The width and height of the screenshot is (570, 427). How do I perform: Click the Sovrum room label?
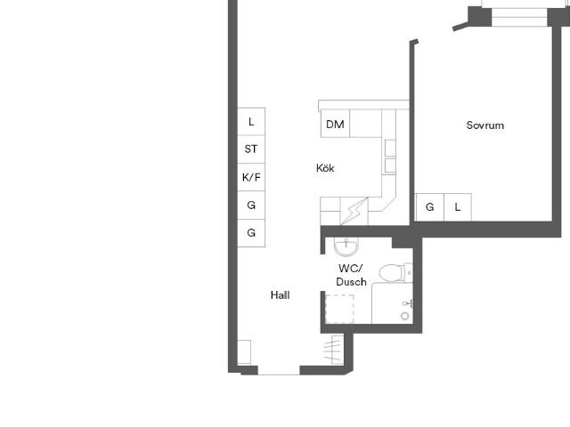pos(484,125)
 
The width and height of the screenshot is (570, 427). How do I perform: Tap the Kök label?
pos(325,168)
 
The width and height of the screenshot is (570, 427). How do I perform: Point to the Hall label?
pos(280,294)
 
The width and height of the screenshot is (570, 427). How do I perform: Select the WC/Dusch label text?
pos(351,275)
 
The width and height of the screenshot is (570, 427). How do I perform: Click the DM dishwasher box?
pos(335,124)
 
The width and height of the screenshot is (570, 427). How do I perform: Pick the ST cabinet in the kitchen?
pos(251,149)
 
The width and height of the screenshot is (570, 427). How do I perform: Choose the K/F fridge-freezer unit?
pos(251,177)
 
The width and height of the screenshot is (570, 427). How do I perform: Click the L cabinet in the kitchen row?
pos(251,122)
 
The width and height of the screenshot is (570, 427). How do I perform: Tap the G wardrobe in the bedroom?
pos(429,207)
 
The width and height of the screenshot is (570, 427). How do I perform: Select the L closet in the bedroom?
pos(458,207)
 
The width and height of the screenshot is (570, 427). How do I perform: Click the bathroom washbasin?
pos(346,246)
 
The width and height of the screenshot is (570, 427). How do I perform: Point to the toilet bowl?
pos(390,272)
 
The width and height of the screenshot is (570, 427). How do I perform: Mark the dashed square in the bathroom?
pos(339,309)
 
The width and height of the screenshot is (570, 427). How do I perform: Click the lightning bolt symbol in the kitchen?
pos(354,211)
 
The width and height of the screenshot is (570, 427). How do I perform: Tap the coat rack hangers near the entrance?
pos(334,349)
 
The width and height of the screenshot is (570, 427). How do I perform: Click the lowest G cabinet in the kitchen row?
pos(251,233)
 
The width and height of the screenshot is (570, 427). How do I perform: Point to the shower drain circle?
pos(404,317)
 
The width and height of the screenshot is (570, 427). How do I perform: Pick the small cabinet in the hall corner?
pos(244,352)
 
